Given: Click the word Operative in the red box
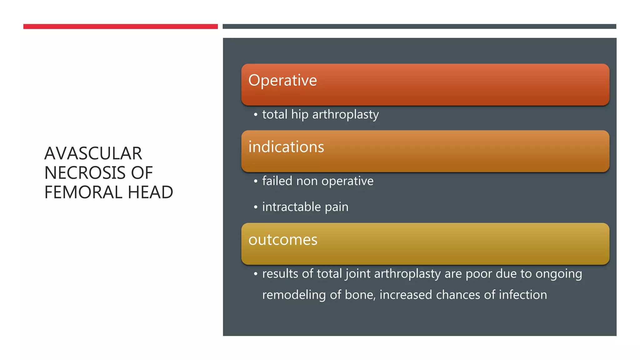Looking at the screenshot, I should pos(282,81).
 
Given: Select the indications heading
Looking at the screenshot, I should pos(286,147).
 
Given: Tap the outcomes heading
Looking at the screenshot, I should pos(283,240).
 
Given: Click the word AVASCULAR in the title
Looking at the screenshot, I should pos(93,153).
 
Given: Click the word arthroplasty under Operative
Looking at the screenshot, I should pos(345,115).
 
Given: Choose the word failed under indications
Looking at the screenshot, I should pos(277,181).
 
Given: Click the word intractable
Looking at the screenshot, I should pos(291,207).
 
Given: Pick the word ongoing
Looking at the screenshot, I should pos(559,274).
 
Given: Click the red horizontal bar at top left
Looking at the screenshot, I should pos(120,27).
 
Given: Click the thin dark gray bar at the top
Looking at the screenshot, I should pos(419,27).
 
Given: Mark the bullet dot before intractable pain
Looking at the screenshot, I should pos(256,207).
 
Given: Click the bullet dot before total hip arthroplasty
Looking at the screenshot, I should pos(256,115).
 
